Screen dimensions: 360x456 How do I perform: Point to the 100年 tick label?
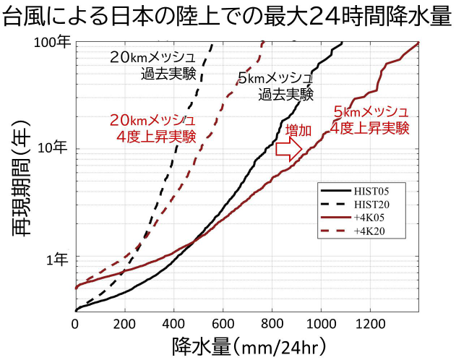coord(54,43)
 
